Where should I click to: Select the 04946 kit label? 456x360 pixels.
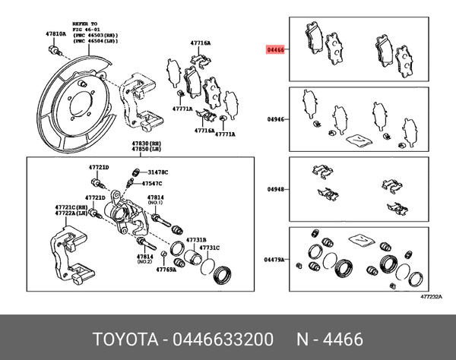pos(275,119)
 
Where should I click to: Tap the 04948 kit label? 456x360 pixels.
pos(275,189)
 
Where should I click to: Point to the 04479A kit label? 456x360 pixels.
pos(274,260)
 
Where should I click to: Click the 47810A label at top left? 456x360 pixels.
pos(55,34)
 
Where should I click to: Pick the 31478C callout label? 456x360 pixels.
pos(158,172)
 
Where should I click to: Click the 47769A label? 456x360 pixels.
pos(166,269)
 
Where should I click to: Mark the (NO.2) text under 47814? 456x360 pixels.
pos(145,263)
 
